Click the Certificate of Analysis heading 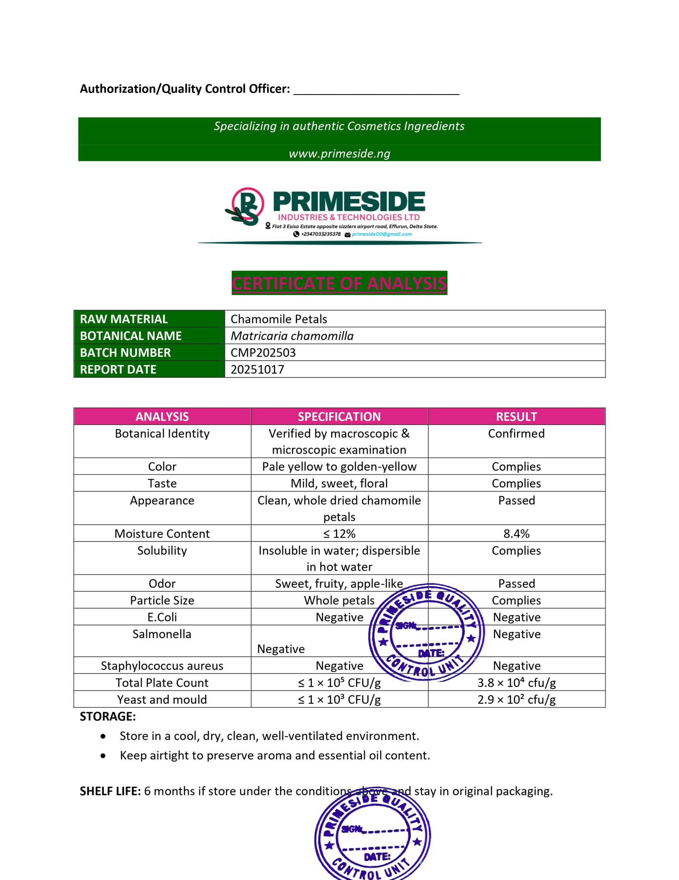(x=339, y=283)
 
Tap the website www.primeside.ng (x=339, y=154)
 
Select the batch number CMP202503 (x=263, y=353)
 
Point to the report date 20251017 (x=257, y=370)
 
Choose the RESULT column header (x=516, y=417)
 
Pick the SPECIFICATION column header (x=339, y=417)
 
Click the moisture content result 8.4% (x=516, y=533)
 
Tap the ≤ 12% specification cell (x=339, y=533)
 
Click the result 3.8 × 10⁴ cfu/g (x=516, y=683)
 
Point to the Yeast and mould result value (x=516, y=700)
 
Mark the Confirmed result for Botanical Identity (x=516, y=433)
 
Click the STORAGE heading (x=108, y=716)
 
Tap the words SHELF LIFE (x=110, y=791)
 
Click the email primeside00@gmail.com (x=382, y=234)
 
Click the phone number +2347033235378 (x=321, y=234)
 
